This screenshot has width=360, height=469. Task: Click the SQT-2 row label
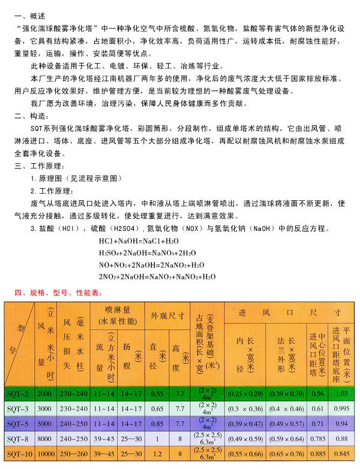[19, 393]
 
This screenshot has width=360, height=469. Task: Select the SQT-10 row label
[19, 454]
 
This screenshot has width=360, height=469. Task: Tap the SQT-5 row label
[19, 423]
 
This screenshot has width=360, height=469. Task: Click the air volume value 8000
[44, 438]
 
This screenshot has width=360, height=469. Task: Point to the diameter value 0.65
[157, 408]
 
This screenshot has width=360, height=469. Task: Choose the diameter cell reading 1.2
[157, 454]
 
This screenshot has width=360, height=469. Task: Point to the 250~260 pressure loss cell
[74, 454]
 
